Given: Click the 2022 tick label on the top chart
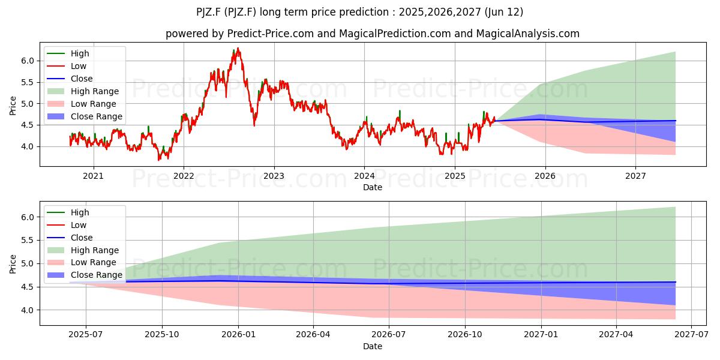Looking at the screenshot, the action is [x=184, y=176].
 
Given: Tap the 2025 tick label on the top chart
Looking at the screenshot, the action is [x=455, y=176].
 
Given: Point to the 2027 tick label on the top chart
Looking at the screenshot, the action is [x=635, y=176].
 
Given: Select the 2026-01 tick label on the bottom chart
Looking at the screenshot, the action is [x=239, y=335].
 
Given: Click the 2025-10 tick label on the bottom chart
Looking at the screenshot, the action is [x=162, y=335].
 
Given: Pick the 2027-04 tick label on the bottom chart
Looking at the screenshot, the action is [x=616, y=335].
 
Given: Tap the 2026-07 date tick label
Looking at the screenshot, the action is [x=389, y=335].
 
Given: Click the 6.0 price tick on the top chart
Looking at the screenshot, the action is [x=28, y=61].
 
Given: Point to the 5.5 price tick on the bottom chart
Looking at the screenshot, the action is [x=28, y=241].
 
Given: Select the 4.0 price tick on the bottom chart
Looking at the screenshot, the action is [x=28, y=310].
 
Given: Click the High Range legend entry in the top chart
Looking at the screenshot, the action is [x=83, y=91].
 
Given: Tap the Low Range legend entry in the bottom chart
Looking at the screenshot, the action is [x=82, y=263].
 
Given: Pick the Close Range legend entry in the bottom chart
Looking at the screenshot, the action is [x=85, y=275].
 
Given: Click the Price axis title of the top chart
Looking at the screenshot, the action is [x=13, y=106].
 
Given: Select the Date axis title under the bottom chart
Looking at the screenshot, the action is [x=373, y=347].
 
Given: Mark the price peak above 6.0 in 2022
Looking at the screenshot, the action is [x=238, y=48].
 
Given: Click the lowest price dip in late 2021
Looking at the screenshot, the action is [x=158, y=160].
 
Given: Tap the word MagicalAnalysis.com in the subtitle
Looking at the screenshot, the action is [x=528, y=34].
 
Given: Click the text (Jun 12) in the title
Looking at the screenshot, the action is [x=503, y=12].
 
